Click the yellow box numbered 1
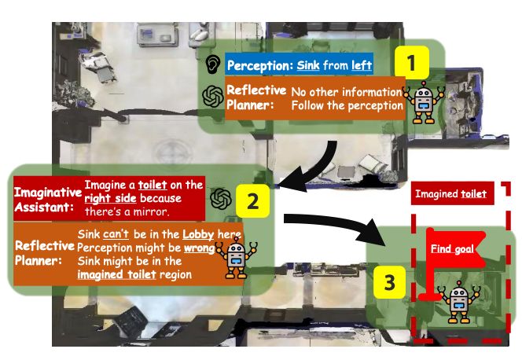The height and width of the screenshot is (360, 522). coord(412,62)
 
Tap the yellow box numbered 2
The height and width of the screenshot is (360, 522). coord(252,201)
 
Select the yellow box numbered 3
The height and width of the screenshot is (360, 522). coord(389,282)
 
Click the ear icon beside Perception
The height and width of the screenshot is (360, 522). coord(213,64)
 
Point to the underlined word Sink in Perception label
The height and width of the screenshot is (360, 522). coord(308,65)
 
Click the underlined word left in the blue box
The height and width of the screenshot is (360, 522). coord(362,65)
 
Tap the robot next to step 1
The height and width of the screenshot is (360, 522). coord(423,102)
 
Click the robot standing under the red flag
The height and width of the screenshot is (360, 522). coord(459,302)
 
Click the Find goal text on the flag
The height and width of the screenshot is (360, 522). coord(452,248)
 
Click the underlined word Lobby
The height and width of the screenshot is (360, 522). coord(198,234)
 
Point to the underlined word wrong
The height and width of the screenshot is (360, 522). coord(199,248)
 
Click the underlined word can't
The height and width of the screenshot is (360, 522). coord(116,234)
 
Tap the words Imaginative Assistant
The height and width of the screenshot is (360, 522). coord(48,200)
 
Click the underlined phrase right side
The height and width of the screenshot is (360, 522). coord(110,198)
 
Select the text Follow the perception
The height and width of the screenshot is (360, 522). coord(347,106)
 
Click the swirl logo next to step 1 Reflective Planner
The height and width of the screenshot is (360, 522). coord(213,97)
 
